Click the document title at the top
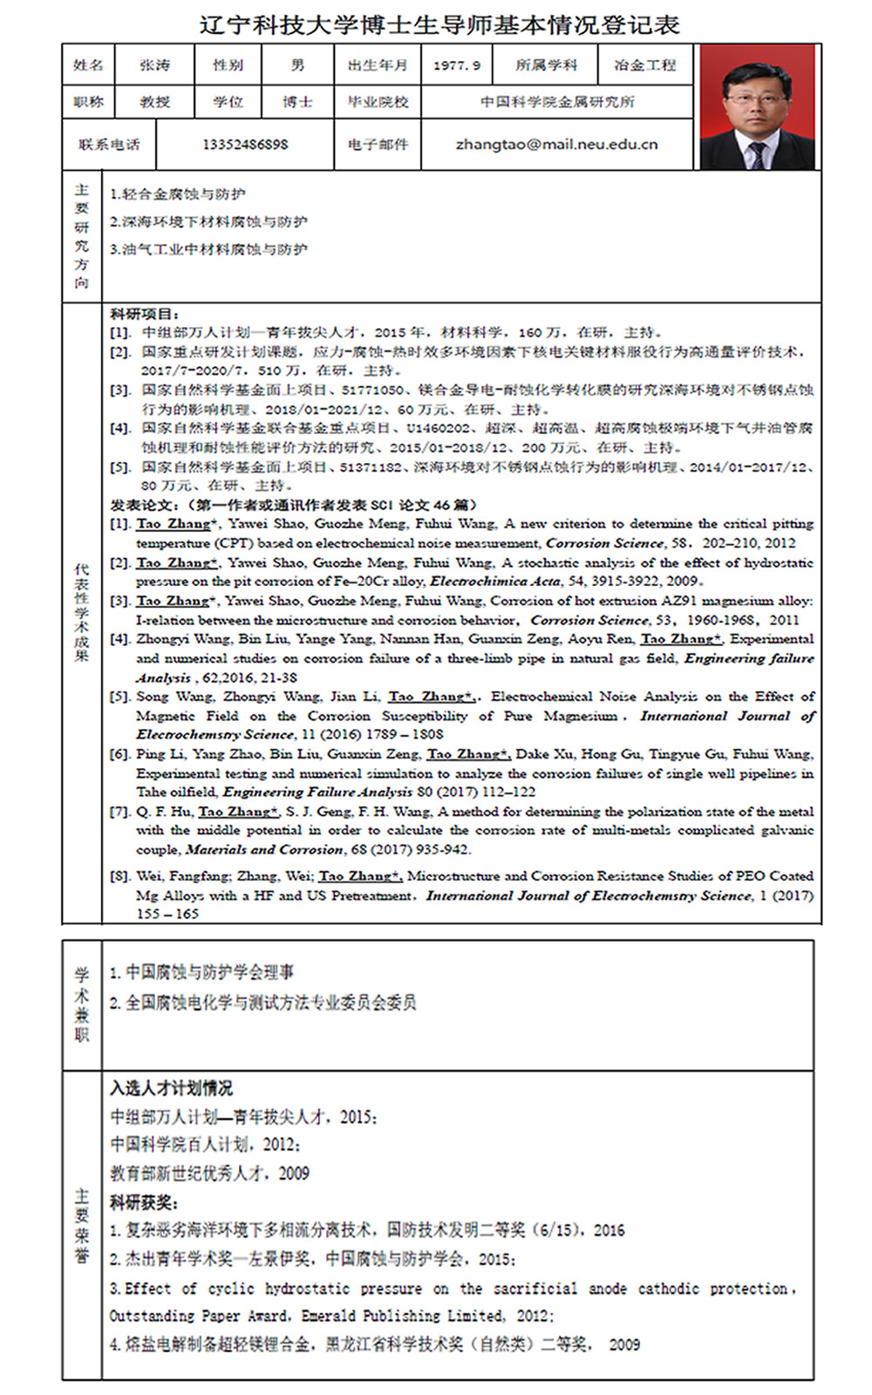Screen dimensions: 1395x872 (439, 24)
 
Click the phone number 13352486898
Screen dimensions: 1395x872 (245, 144)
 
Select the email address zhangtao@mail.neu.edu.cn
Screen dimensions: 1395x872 (556, 144)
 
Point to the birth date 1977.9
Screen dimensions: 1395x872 (456, 65)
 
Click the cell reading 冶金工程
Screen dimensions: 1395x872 (644, 65)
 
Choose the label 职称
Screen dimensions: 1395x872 (88, 102)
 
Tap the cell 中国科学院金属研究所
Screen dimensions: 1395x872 (557, 102)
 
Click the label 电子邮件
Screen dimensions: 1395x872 (378, 144)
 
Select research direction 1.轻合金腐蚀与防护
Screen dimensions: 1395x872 (177, 194)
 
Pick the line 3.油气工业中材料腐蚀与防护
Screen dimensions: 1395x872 (208, 249)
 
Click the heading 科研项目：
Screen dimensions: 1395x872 (145, 314)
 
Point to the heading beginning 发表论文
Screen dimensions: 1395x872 (293, 505)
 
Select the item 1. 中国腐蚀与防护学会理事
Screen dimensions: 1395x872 (201, 972)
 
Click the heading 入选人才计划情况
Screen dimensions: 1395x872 (171, 1088)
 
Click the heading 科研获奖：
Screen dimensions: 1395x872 (144, 1202)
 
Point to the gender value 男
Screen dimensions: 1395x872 (297, 65)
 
